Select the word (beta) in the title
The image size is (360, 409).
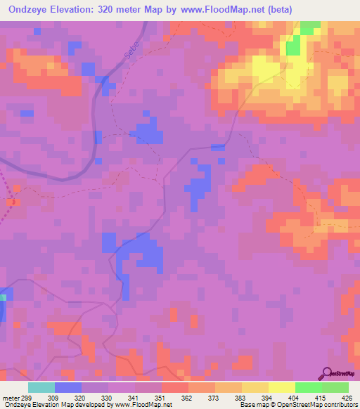[276, 10]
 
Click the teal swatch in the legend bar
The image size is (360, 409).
[41, 387]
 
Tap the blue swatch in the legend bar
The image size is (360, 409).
[68, 387]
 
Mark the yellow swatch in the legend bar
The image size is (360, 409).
[281, 387]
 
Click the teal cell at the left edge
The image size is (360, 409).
[2, 298]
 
